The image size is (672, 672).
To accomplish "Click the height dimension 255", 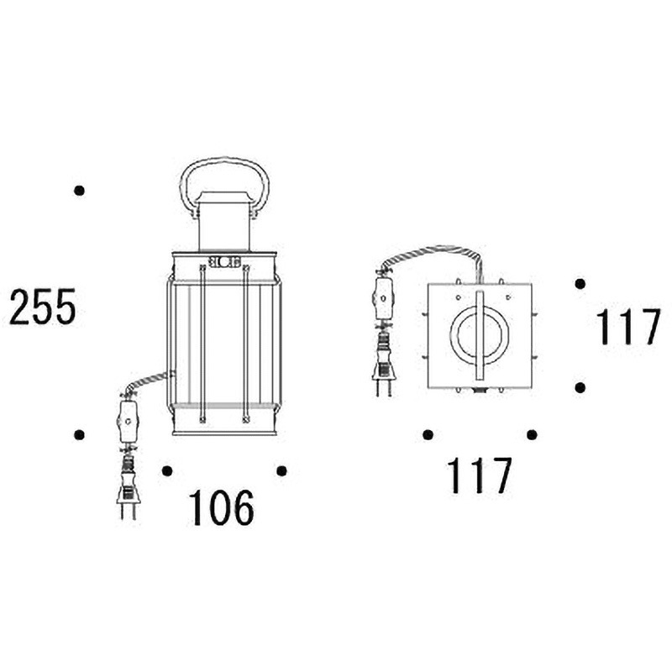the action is pos(42,306).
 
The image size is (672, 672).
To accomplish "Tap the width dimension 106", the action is pos(221,508).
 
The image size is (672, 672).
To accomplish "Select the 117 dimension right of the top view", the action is pos(628,327).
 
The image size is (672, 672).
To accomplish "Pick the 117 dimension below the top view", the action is pos(479,475).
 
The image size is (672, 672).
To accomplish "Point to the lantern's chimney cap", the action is pos(223,197).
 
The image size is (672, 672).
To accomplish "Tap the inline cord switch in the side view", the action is pos(128,422).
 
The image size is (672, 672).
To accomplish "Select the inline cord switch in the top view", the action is pos(383,298).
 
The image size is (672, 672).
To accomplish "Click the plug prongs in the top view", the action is pos(383,387).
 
